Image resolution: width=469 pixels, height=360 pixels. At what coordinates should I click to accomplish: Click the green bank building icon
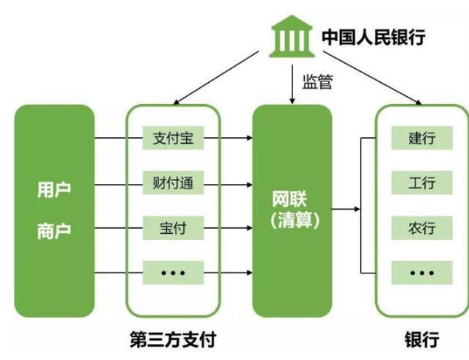click(x=291, y=37)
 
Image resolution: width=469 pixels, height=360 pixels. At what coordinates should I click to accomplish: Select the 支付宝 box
click(x=173, y=138)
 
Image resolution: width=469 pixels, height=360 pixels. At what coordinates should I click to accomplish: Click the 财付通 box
click(x=173, y=183)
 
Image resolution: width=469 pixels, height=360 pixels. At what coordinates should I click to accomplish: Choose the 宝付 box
click(x=173, y=227)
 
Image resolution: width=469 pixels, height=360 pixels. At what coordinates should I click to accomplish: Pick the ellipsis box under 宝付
click(x=173, y=272)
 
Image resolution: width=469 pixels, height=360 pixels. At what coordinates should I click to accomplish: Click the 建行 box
click(x=422, y=138)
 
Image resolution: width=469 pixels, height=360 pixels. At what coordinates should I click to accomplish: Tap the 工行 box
click(x=422, y=183)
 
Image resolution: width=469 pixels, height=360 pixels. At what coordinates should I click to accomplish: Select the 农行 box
click(x=422, y=227)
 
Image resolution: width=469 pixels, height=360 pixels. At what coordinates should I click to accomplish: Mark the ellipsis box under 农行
click(x=422, y=272)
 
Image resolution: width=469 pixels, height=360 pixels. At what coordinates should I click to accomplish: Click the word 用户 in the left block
click(x=53, y=190)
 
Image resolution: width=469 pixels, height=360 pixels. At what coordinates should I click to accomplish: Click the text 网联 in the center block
click(x=292, y=199)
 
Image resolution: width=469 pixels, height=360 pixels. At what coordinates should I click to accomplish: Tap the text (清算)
click(x=292, y=221)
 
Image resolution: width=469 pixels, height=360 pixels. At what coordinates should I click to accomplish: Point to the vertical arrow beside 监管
click(x=292, y=85)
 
